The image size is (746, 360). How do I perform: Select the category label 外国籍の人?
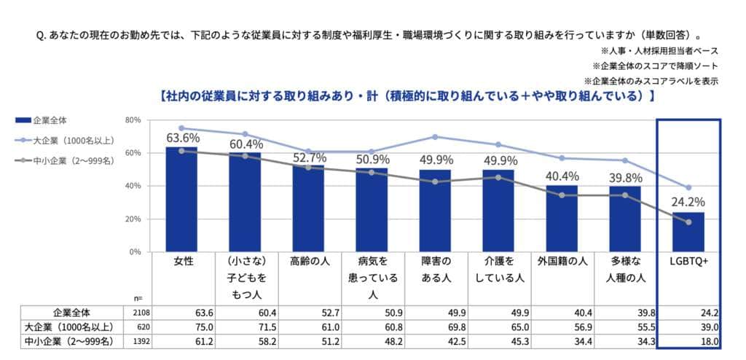[x=562, y=260]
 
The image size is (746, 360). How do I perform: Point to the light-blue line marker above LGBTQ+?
[x=688, y=187]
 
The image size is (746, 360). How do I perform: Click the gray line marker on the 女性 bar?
[x=181, y=151]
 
